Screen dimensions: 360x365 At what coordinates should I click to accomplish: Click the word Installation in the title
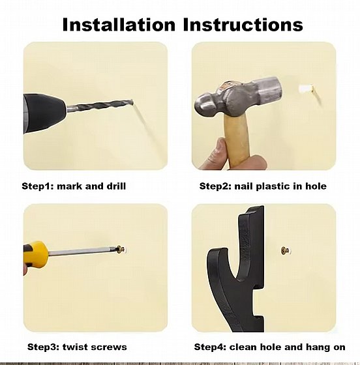(119, 25)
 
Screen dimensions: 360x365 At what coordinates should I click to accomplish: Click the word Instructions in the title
(243, 25)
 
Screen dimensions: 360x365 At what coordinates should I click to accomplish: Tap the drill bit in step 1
(100, 105)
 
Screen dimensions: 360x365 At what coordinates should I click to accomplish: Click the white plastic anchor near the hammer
(305, 89)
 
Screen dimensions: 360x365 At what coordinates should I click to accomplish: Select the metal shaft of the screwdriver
(82, 252)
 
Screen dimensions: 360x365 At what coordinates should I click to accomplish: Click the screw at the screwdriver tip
(121, 250)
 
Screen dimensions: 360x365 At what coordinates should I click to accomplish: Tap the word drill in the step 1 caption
(116, 186)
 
